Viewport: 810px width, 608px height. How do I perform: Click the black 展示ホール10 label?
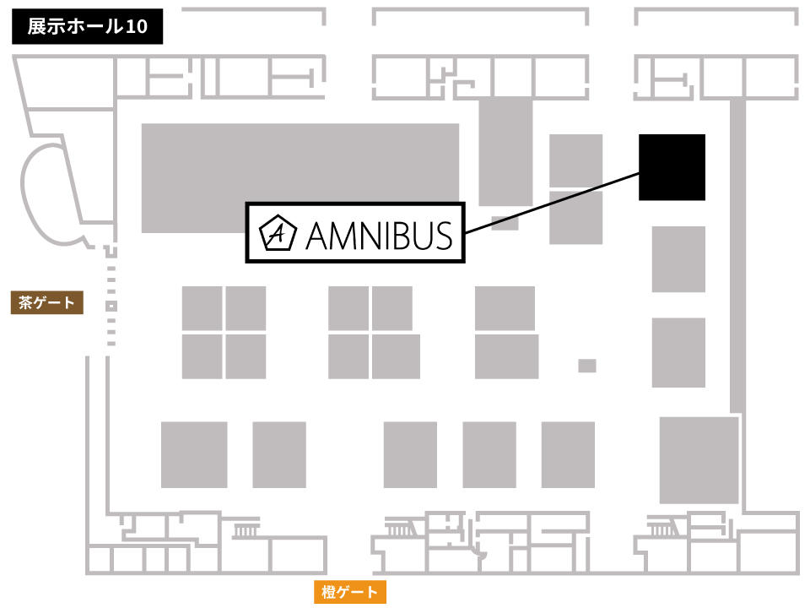pos(87,27)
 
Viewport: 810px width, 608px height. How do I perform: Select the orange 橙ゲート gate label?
pos(350,592)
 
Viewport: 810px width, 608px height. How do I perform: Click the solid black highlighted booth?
pos(672,167)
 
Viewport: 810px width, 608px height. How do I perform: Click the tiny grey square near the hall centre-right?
pos(587,366)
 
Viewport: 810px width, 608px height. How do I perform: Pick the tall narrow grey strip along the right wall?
pos(737,253)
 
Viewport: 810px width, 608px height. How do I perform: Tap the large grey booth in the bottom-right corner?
pos(699,460)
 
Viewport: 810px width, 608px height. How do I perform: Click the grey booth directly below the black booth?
pos(678,259)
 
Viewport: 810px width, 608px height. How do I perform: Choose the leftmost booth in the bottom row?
pos(194,454)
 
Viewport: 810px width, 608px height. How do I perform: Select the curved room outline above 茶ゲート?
pos(51,182)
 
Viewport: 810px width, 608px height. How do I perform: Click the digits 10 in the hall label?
pos(137,27)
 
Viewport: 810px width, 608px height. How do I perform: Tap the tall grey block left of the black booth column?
pos(505,150)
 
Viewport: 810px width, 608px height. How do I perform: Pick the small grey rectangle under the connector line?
pos(505,224)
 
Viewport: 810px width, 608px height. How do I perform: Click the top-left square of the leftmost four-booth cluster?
pos(202,308)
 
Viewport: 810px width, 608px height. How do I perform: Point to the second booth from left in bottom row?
pos(279,454)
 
